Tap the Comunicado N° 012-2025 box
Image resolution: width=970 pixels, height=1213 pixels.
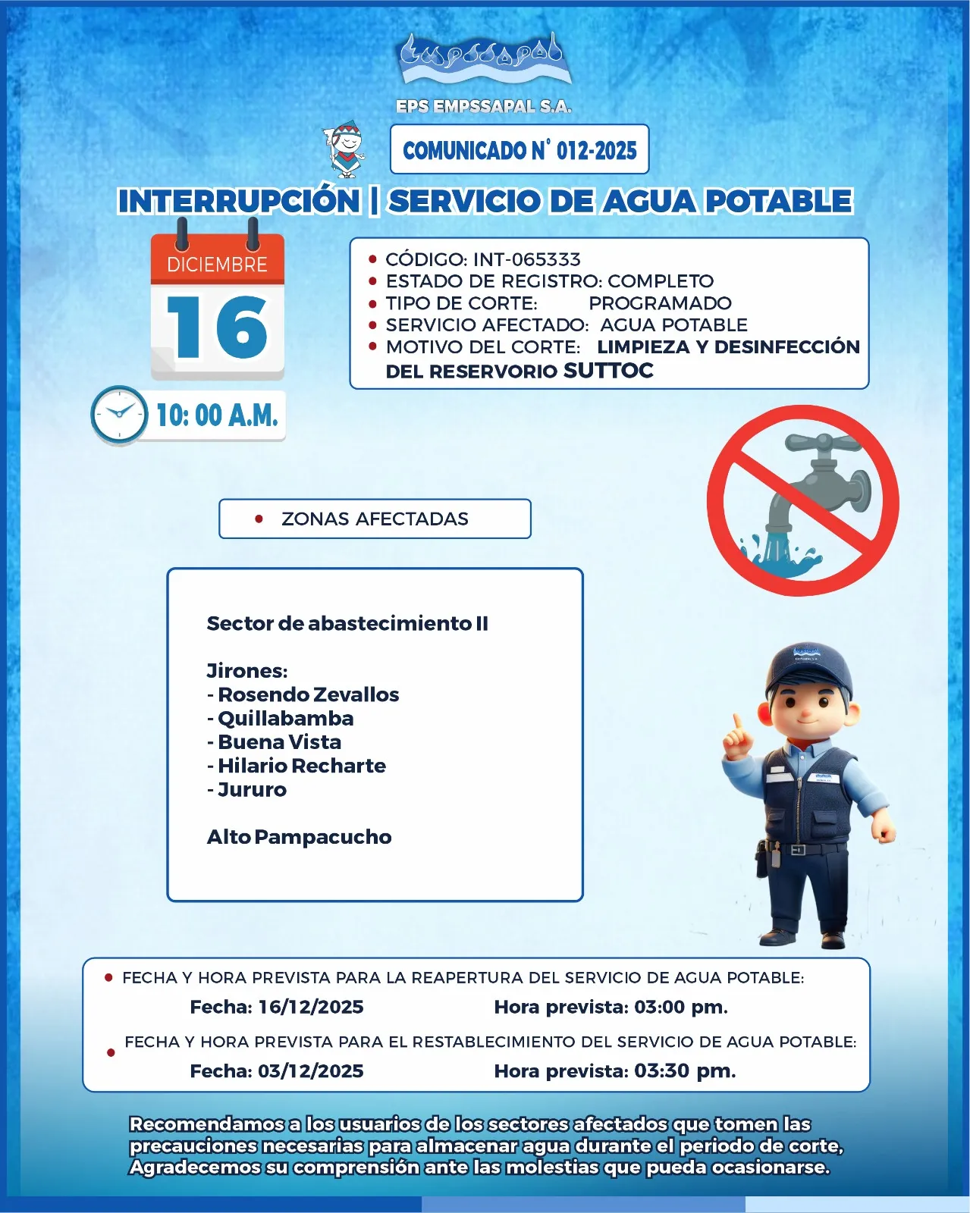(x=520, y=150)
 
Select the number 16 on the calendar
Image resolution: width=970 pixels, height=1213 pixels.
(x=217, y=328)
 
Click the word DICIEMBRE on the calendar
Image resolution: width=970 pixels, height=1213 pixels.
(x=217, y=265)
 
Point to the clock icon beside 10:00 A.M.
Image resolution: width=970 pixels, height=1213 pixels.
(x=119, y=415)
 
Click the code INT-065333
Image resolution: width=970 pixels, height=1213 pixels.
(x=527, y=259)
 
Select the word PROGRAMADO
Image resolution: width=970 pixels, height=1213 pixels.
(x=660, y=303)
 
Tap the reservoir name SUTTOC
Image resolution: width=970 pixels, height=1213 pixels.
(x=608, y=371)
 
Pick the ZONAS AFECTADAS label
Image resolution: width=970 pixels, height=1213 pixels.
(x=375, y=519)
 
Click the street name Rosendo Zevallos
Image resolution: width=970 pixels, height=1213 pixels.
(x=308, y=694)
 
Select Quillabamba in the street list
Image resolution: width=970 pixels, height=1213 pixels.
(x=285, y=718)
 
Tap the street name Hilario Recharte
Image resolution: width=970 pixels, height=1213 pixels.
(x=301, y=766)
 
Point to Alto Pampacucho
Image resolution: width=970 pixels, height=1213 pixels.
(x=299, y=837)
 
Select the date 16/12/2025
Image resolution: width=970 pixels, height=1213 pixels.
(x=310, y=1007)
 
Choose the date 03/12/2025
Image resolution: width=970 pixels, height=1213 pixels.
(x=310, y=1070)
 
